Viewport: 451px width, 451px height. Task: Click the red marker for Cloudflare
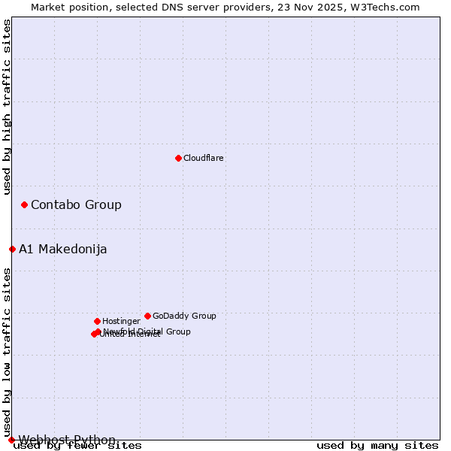(x=178, y=158)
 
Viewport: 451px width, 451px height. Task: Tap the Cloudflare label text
(x=204, y=158)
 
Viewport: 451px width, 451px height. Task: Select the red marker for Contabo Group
(x=25, y=204)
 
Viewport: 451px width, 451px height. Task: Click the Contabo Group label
(x=76, y=204)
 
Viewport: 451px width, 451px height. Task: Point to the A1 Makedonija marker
(x=12, y=249)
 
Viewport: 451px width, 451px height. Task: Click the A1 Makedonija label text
(x=63, y=250)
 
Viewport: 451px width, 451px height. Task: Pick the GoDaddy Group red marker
(x=147, y=316)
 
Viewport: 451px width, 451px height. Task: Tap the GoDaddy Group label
(x=184, y=316)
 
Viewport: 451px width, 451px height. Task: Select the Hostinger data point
(x=97, y=321)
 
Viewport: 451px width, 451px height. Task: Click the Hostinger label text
(x=121, y=321)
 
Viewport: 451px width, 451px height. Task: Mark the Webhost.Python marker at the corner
(x=11, y=440)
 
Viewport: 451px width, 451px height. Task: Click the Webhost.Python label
(x=68, y=440)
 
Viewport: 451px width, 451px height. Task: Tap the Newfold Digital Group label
(x=147, y=331)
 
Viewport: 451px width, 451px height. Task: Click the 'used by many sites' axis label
(x=377, y=446)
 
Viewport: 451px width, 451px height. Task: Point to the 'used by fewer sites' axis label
(x=78, y=446)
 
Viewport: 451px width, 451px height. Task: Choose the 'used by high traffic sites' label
(x=8, y=107)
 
